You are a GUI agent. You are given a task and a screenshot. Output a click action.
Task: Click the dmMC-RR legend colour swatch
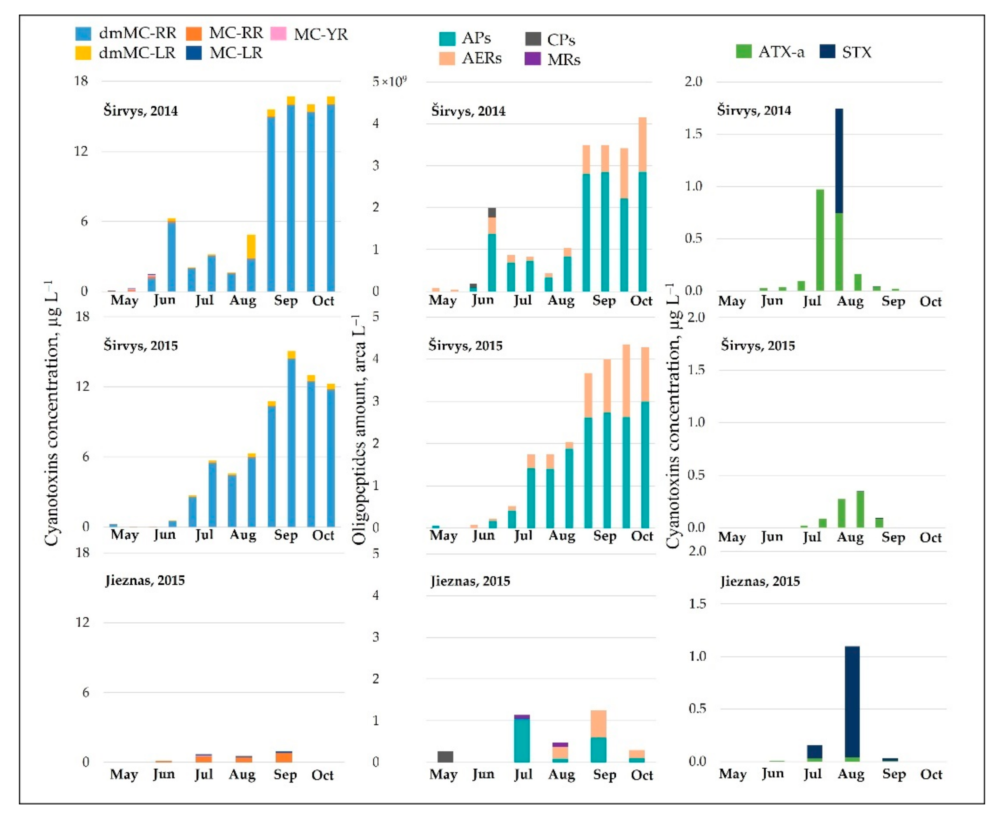[83, 33]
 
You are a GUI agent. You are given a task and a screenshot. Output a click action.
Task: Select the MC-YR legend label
[321, 34]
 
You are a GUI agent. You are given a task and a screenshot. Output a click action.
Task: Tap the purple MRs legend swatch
[532, 59]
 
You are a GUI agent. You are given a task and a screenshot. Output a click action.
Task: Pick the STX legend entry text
[856, 52]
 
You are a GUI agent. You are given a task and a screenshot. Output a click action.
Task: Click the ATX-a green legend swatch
[744, 51]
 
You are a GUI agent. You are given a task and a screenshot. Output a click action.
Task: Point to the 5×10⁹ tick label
[389, 81]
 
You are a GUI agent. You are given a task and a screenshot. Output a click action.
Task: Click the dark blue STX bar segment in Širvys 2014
[839, 160]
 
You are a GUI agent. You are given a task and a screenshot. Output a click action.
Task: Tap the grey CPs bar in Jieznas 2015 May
[445, 756]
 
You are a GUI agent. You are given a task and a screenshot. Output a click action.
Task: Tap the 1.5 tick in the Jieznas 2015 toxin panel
[697, 604]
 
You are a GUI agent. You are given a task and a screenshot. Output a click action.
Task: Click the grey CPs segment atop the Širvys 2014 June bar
[492, 213]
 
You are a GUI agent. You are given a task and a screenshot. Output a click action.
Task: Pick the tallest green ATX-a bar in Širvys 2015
[860, 509]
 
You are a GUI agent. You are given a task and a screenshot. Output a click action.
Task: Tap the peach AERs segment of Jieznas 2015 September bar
[598, 723]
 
